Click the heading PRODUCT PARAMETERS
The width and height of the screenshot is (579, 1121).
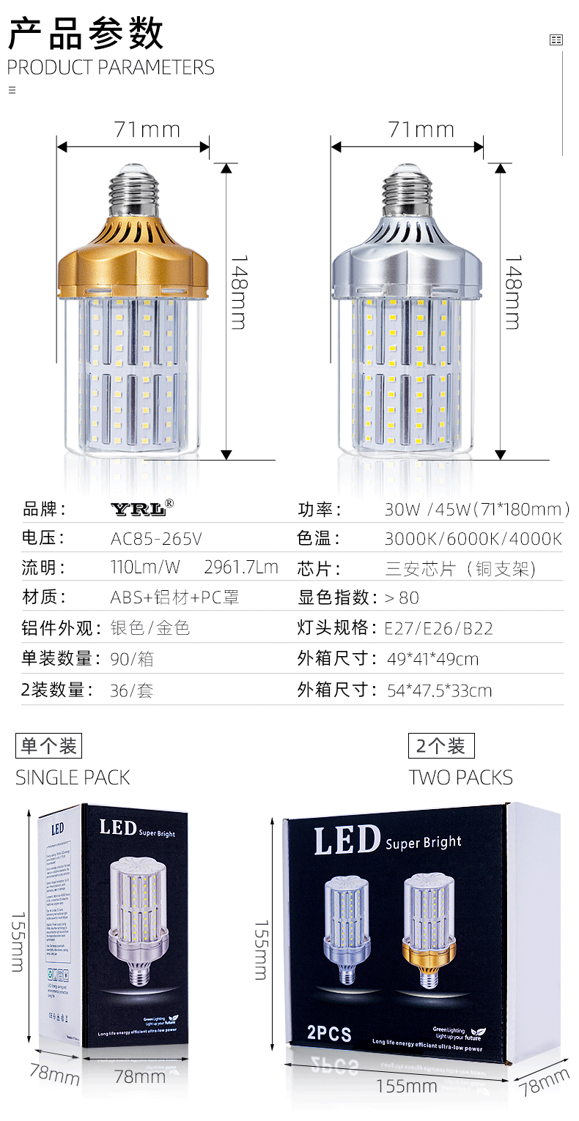111,67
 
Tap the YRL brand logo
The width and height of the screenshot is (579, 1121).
142,507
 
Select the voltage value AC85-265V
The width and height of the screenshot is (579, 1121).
156,540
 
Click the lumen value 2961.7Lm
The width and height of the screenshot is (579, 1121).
240,567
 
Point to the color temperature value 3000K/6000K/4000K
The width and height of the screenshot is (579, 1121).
473,540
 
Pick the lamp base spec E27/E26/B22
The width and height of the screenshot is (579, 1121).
438,628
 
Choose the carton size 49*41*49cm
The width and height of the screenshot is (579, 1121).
432,659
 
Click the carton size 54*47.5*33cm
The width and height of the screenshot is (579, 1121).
438,690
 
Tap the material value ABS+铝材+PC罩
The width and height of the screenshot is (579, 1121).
175,597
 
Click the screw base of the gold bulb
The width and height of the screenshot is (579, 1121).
134,188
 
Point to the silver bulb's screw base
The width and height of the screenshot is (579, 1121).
408,188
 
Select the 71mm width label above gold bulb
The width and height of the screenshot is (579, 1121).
147,130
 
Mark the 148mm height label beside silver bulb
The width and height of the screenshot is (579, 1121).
513,292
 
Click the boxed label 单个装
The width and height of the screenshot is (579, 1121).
48,746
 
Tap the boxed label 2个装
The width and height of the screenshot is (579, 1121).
441,746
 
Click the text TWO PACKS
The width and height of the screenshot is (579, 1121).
460,778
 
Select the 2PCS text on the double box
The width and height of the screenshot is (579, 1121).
329,1034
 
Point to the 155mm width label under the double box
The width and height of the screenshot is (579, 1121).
406,1086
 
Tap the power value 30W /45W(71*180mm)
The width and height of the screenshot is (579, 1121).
476,510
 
